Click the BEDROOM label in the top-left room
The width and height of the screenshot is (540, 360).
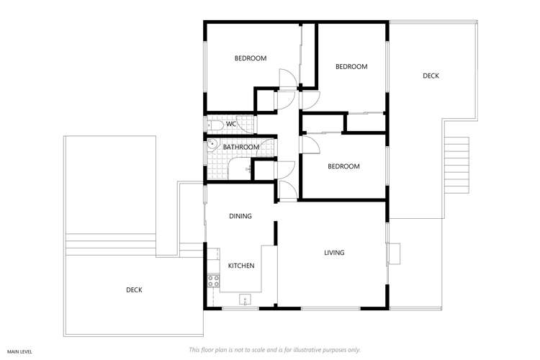pyautogui.click(x=251, y=58)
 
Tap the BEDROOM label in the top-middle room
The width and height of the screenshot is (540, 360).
pyautogui.click(x=351, y=66)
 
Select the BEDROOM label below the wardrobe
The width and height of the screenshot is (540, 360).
pyautogui.click(x=343, y=166)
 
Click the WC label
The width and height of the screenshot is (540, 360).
pyautogui.click(x=231, y=124)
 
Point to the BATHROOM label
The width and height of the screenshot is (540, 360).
pyautogui.click(x=240, y=147)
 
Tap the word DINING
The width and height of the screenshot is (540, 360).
pyautogui.click(x=240, y=216)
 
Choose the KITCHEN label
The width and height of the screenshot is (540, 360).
pyautogui.click(x=241, y=266)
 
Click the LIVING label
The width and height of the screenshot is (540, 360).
pyautogui.click(x=334, y=253)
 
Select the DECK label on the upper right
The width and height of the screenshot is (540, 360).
pyautogui.click(x=431, y=76)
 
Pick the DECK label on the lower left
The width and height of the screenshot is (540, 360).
pyautogui.click(x=134, y=290)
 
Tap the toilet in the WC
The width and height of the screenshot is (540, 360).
pyautogui.click(x=215, y=125)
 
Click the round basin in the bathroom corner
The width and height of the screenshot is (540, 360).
pyautogui.click(x=212, y=143)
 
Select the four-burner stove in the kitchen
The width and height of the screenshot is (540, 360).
pyautogui.click(x=213, y=281)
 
